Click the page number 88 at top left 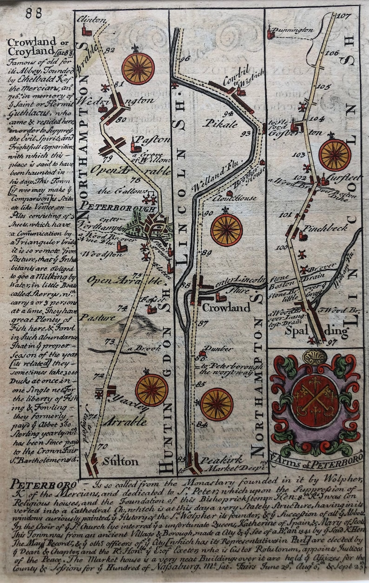[x=34, y=13]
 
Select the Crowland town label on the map [x=226, y=308]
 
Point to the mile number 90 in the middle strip [x=208, y=213]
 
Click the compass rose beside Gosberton [x=335, y=155]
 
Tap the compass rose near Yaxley [x=152, y=390]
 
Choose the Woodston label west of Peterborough [x=97, y=255]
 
